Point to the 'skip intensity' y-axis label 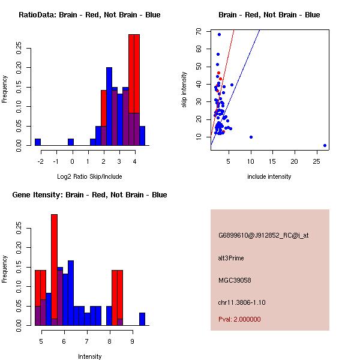tap(184, 90)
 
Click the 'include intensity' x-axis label tap(269, 176)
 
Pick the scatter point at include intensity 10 tap(251, 137)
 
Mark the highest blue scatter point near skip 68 tap(219, 34)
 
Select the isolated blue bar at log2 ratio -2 tap(38, 142)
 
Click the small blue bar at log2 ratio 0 tap(71, 142)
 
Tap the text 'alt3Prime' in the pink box tap(231, 258)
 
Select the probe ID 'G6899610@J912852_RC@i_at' tap(263, 235)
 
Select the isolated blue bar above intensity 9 tap(142, 319)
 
